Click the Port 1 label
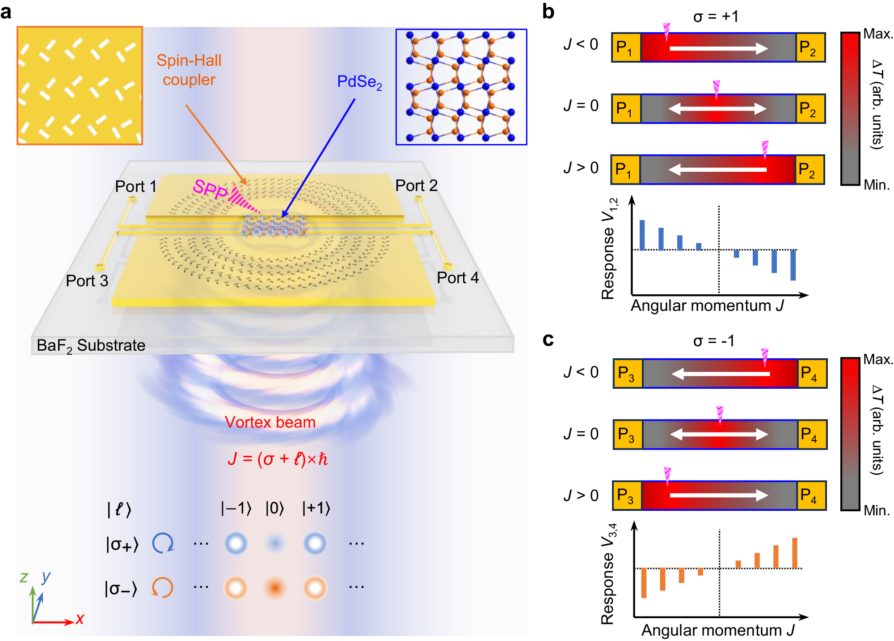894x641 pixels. pyautogui.click(x=135, y=186)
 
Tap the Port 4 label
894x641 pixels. pyautogui.click(x=457, y=278)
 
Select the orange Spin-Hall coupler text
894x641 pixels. pyautogui.click(x=189, y=70)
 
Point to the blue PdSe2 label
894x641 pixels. pyautogui.click(x=359, y=82)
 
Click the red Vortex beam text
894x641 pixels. pyautogui.click(x=270, y=422)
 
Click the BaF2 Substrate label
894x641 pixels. pyautogui.click(x=91, y=345)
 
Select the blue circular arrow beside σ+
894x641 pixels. pyautogui.click(x=163, y=543)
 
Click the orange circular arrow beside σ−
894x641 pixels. pyautogui.click(x=162, y=587)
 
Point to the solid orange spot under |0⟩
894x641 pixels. pyautogui.click(x=275, y=587)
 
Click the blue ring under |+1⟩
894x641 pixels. pyautogui.click(x=315, y=543)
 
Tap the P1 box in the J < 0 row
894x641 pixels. pyautogui.click(x=626, y=47)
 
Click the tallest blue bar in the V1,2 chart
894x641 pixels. pyautogui.click(x=642, y=235)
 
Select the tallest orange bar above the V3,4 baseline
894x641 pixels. pyautogui.click(x=795, y=553)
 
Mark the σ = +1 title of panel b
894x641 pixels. pyautogui.click(x=716, y=17)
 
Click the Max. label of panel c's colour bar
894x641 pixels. pyautogui.click(x=877, y=359)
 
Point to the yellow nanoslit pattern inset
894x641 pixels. pyautogui.click(x=80, y=85)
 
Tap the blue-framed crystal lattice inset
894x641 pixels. pyautogui.click(x=461, y=87)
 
